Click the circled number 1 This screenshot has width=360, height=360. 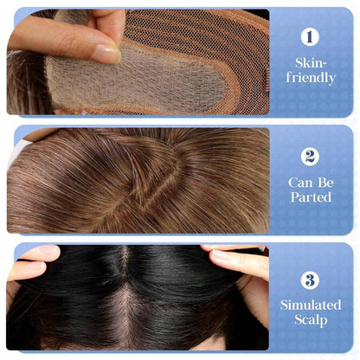tap(311, 37)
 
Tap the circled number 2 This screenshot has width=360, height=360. tap(311, 157)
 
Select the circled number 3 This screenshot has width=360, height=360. tap(311, 280)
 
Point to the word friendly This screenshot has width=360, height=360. tap(311, 79)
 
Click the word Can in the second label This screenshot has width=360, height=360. tap(297, 183)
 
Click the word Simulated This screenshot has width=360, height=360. tap(311, 305)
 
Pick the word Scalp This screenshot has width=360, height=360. tap(311, 320)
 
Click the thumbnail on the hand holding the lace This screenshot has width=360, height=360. tap(106, 54)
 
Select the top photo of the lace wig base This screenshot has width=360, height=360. tap(138, 62)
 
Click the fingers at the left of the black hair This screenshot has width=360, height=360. tap(35, 264)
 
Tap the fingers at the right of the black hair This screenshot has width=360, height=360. tap(238, 260)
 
